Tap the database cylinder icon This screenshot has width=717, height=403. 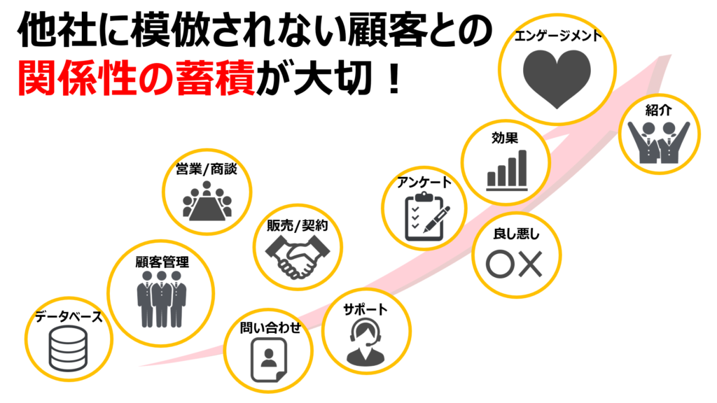[x=68, y=348]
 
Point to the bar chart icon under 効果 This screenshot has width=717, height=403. [x=507, y=170]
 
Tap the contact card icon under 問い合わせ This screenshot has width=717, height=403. [x=269, y=360]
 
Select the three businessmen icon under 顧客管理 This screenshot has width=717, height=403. [x=162, y=299]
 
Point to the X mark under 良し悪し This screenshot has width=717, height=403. [x=531, y=264]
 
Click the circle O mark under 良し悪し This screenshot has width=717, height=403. [x=500, y=264]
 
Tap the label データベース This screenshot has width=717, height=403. [x=69, y=316]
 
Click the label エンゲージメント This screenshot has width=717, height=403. [x=557, y=36]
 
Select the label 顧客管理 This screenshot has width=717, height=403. [x=162, y=262]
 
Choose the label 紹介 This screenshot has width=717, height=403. [x=658, y=110]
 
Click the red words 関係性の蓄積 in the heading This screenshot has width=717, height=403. [x=136, y=78]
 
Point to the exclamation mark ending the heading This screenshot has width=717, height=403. [x=393, y=78]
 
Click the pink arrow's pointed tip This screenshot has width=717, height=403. [x=670, y=56]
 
